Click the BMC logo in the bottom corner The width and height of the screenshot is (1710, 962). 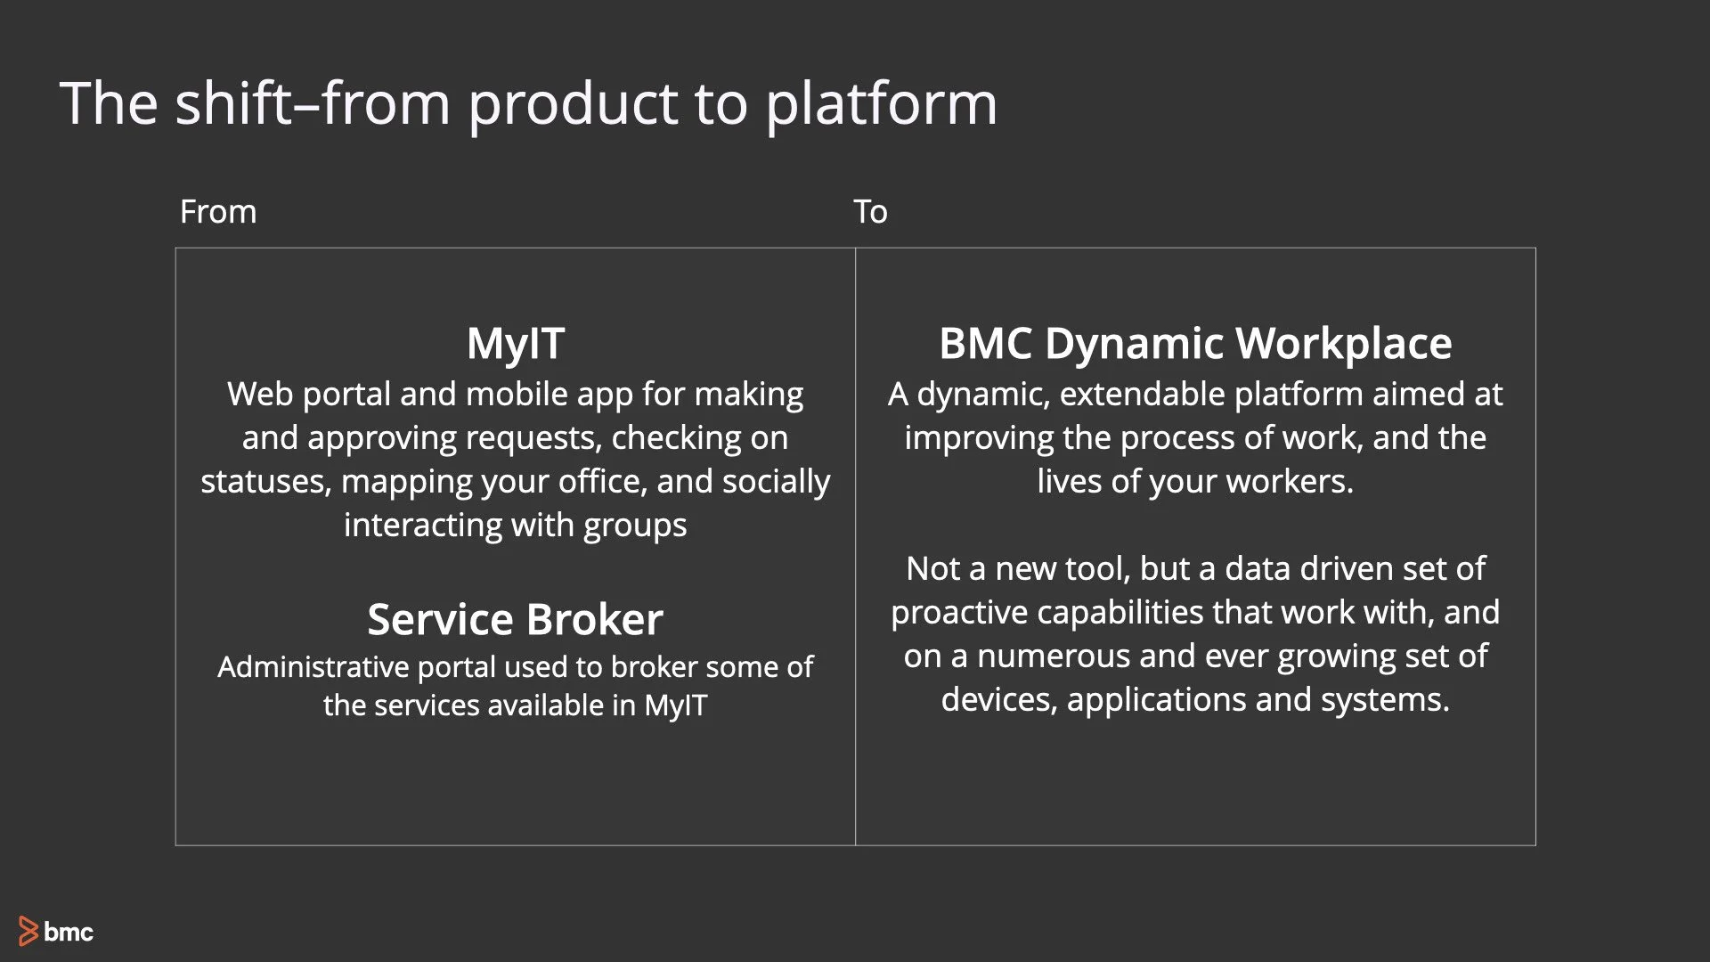(55, 932)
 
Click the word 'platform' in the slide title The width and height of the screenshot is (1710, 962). (881, 105)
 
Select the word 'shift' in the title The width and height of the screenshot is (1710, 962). (233, 103)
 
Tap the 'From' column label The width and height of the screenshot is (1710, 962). (218, 212)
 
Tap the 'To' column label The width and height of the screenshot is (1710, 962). (870, 212)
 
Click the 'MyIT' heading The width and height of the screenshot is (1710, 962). (516, 344)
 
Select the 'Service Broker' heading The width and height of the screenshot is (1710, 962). (515, 619)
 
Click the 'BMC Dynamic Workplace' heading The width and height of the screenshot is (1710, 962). (1195, 344)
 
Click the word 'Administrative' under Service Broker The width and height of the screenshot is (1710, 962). (313, 666)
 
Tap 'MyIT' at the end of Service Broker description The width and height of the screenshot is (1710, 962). (675, 705)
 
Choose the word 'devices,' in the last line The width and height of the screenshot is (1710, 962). (998, 700)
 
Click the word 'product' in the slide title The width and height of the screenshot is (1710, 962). (573, 105)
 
